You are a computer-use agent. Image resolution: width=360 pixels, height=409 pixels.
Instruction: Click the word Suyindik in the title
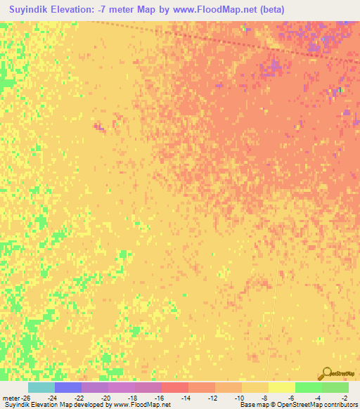(31, 11)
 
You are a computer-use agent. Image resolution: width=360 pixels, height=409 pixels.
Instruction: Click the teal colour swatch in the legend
(41, 387)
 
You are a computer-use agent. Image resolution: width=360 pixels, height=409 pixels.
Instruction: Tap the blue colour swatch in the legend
(68, 387)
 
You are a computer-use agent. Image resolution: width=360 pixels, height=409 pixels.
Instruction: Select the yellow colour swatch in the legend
(282, 387)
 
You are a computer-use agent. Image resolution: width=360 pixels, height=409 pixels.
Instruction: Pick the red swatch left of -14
(175, 387)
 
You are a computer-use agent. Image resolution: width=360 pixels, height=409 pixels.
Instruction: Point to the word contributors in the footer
(340, 405)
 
